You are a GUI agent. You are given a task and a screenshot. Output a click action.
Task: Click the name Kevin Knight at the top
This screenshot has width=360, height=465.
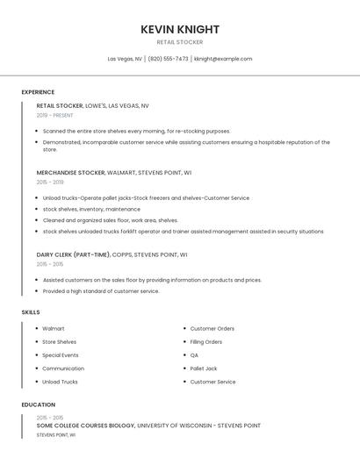pos(180,30)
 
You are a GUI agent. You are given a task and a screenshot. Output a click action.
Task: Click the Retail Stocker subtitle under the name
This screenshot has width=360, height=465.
pos(180,42)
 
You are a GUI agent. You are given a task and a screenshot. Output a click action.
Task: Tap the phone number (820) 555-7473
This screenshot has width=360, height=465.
pos(168,59)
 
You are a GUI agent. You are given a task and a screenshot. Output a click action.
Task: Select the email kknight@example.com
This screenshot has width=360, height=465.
pos(223,59)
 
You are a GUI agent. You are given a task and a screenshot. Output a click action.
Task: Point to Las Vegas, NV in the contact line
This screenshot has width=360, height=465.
pos(125,59)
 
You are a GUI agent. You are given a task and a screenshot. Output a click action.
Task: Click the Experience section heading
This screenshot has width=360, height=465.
pos(38,92)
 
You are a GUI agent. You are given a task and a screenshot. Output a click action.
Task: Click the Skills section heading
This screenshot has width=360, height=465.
pos(31,312)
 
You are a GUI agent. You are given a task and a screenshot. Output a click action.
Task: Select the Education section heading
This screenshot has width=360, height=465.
pos(39,404)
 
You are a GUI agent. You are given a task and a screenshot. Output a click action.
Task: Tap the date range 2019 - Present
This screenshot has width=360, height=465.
pos(55,115)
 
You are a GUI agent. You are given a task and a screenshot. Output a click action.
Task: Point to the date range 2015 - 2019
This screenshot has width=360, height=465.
pos(50,182)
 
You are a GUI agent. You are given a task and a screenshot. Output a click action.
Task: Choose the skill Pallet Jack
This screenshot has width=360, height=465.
pos(204,368)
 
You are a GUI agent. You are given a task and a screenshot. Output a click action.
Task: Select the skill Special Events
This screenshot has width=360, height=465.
pos(61,355)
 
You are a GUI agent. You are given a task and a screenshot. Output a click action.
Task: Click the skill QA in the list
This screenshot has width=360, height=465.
pos(194,355)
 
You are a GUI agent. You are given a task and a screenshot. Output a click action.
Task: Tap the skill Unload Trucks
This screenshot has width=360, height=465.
pos(60,382)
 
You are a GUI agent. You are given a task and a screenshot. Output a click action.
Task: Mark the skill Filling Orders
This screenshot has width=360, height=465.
pos(206,342)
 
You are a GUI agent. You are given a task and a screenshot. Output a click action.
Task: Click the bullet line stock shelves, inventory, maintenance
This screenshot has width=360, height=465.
pos(91,209)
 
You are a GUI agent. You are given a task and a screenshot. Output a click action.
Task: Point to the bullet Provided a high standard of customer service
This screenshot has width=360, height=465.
pos(101,291)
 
